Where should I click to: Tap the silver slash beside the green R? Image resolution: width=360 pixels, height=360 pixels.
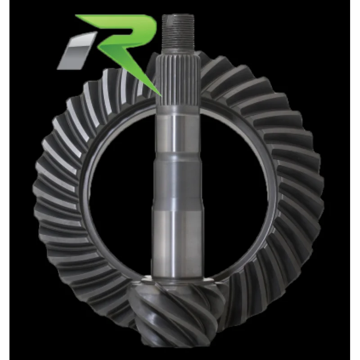coord(77,50)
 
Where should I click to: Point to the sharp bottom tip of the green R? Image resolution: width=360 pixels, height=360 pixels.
coord(161,96)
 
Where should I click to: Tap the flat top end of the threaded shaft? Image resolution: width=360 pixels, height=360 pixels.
coord(178,15)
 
